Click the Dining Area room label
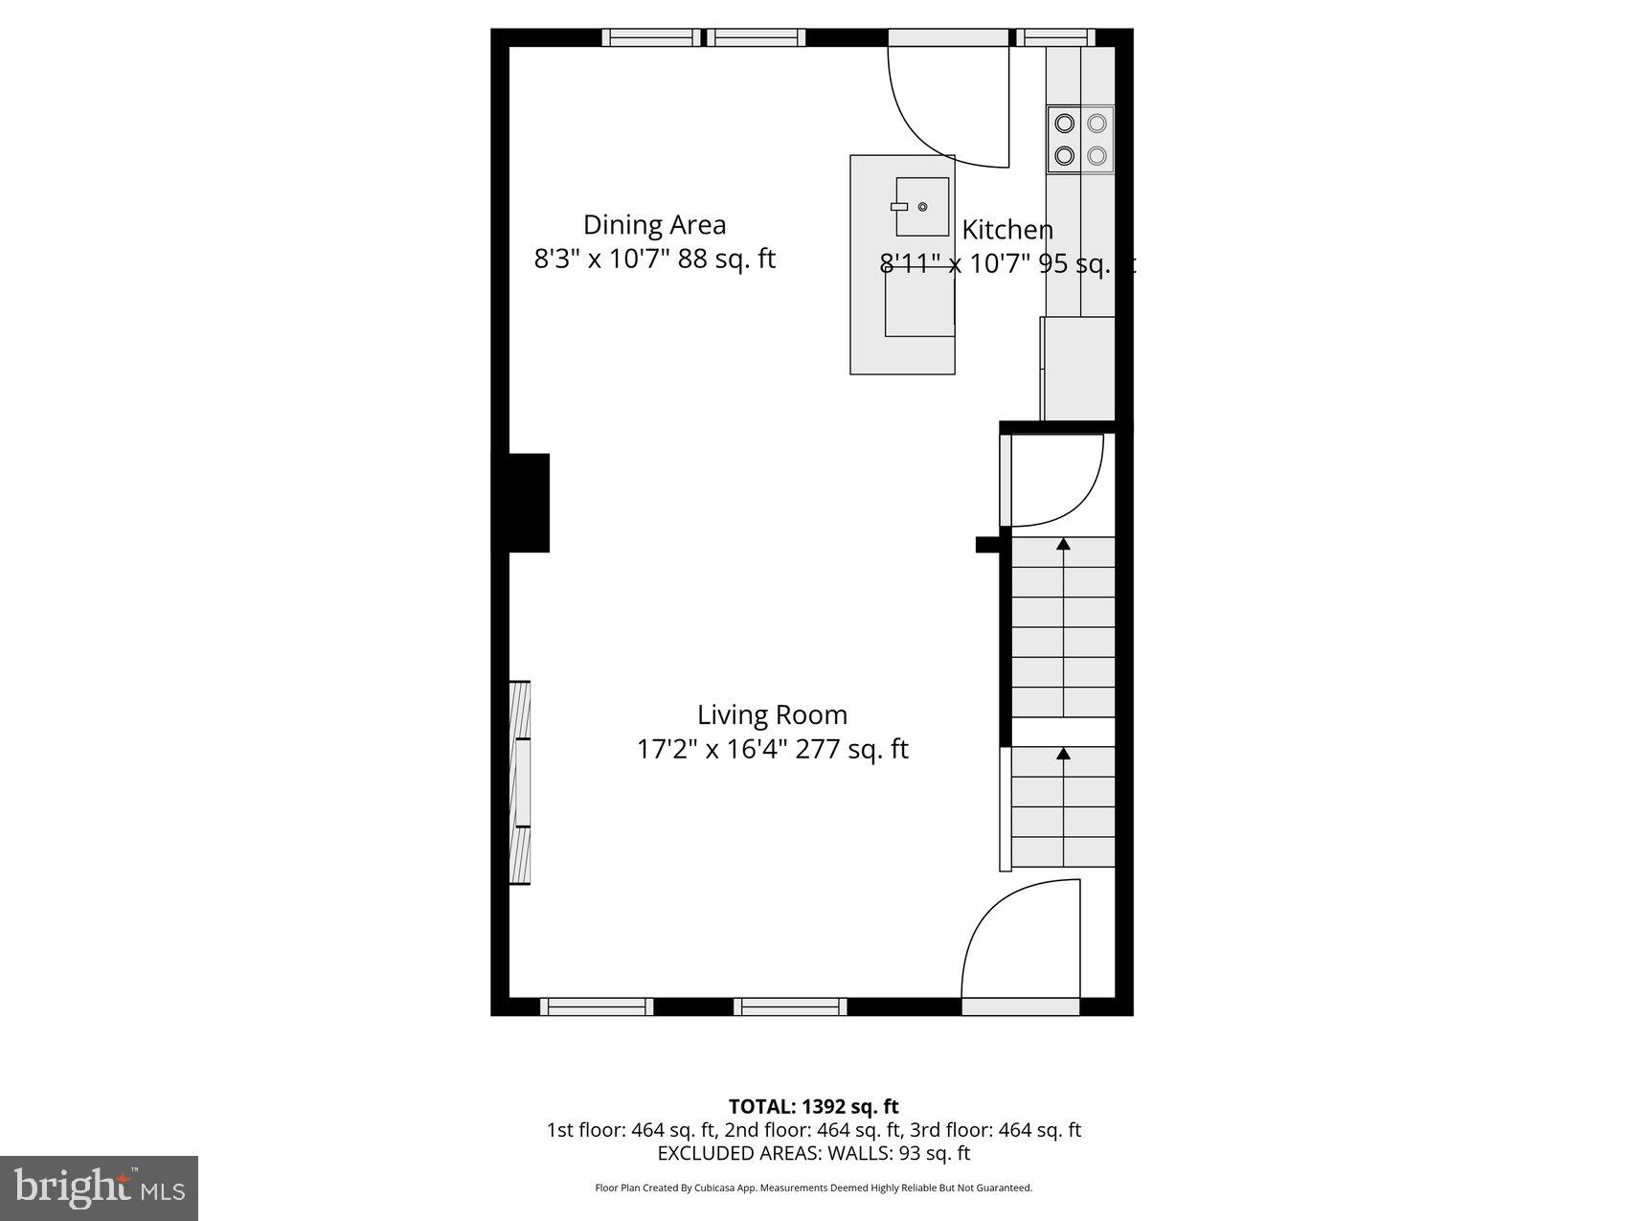point(654,225)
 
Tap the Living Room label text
point(772,715)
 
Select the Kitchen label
point(1006,230)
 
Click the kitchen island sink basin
point(921,206)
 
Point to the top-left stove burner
point(1064,123)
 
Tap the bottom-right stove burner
point(1097,155)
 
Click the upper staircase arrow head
point(1063,545)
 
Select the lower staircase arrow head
point(1063,755)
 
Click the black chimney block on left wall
point(523,503)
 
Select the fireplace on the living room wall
point(519,782)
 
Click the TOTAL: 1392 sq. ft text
point(813,1107)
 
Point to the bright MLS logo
point(100,1188)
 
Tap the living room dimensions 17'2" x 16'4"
point(772,749)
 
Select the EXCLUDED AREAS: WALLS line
point(813,1153)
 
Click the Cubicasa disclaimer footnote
point(813,1188)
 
